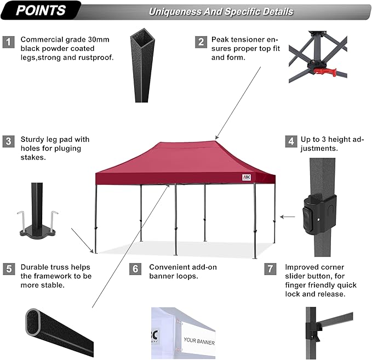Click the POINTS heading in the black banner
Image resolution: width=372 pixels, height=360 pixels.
point(41,10)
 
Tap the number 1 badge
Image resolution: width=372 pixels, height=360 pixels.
point(8,42)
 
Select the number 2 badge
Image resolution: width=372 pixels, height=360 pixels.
point(202,42)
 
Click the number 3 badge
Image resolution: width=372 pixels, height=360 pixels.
point(8,141)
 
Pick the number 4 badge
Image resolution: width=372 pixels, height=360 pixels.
point(290,141)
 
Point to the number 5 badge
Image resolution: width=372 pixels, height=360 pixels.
point(8,269)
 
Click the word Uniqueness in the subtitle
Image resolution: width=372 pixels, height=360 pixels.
point(170,12)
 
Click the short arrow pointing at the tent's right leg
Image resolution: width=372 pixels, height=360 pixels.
point(287,217)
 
